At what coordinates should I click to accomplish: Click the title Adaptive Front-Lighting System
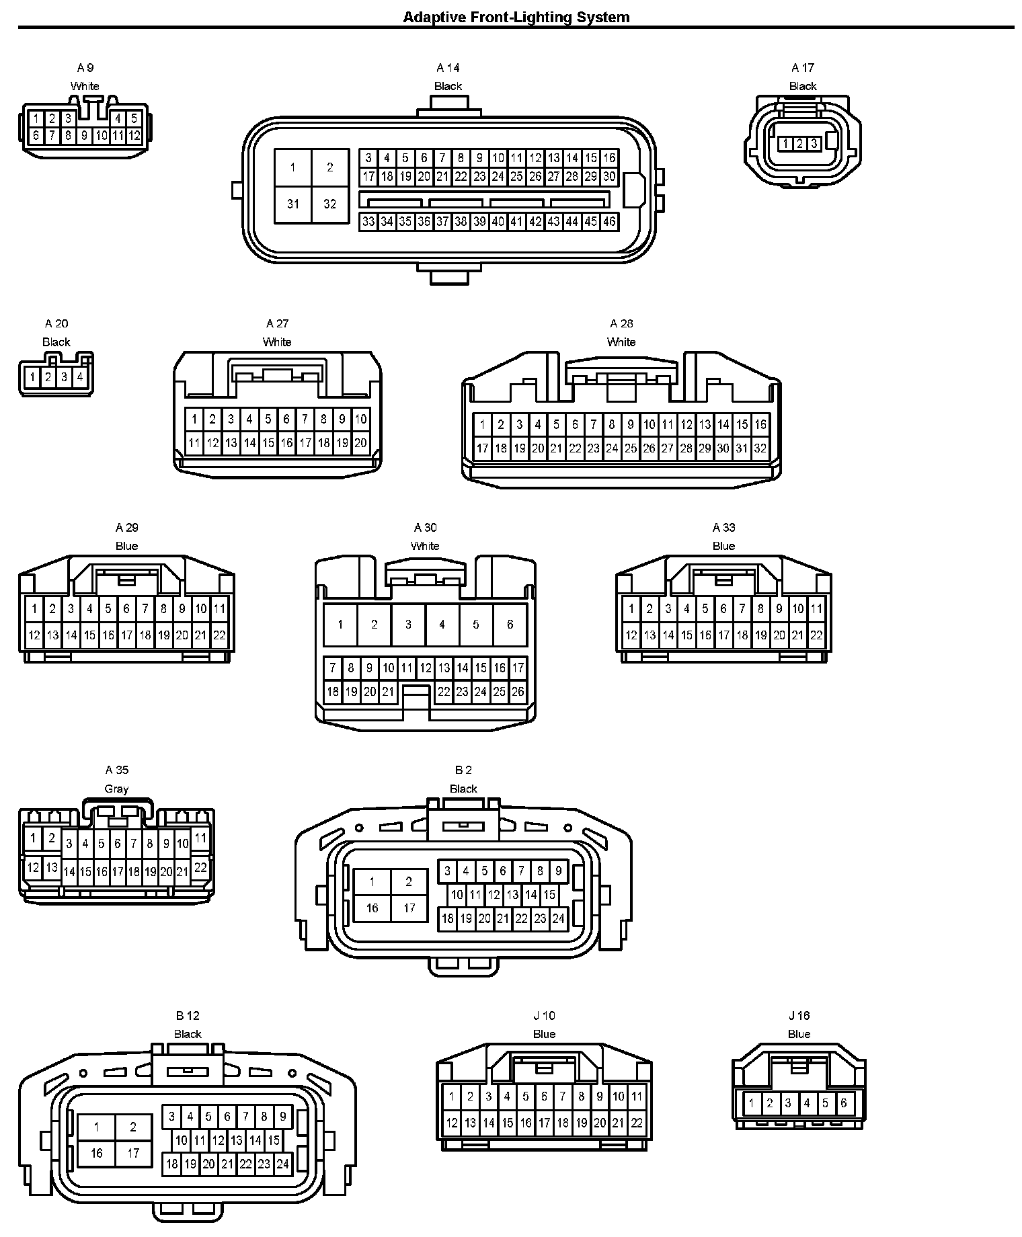click(516, 17)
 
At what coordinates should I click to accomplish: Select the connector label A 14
click(448, 68)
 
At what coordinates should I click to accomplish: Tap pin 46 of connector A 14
click(609, 222)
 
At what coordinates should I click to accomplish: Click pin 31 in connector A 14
click(293, 204)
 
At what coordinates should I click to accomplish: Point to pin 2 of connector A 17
click(799, 143)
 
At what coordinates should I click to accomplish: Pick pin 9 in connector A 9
click(84, 136)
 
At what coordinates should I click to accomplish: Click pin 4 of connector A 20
click(80, 377)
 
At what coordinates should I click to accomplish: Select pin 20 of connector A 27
click(360, 442)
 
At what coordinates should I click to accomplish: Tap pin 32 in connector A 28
click(760, 448)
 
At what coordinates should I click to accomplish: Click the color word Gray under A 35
click(116, 789)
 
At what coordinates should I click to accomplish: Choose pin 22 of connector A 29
click(219, 635)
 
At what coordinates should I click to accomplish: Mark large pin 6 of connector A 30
click(510, 625)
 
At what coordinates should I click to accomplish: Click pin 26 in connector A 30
click(518, 691)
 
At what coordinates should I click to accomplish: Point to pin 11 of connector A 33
click(816, 609)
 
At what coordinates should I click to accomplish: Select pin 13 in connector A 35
click(52, 867)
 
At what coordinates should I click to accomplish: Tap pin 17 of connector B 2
click(409, 908)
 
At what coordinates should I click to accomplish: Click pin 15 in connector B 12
click(274, 1140)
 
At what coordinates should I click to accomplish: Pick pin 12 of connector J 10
click(452, 1122)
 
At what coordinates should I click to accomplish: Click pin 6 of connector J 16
click(844, 1103)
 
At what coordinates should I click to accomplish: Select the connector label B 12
click(188, 1016)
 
